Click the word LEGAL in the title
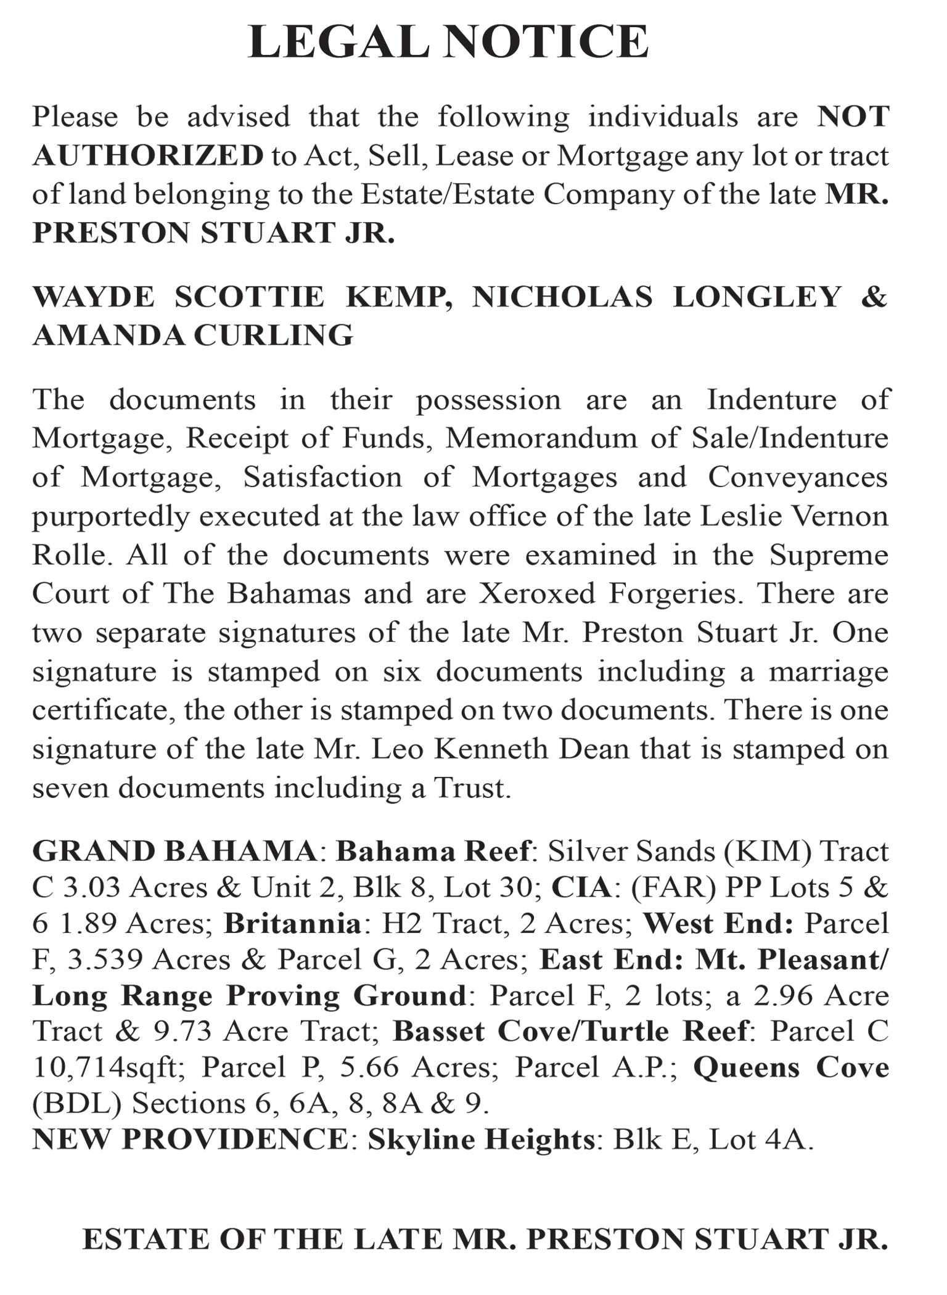click(x=338, y=42)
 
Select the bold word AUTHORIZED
click(x=148, y=155)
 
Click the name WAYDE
click(x=93, y=297)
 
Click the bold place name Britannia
click(x=292, y=923)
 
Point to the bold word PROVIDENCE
click(x=235, y=1139)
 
